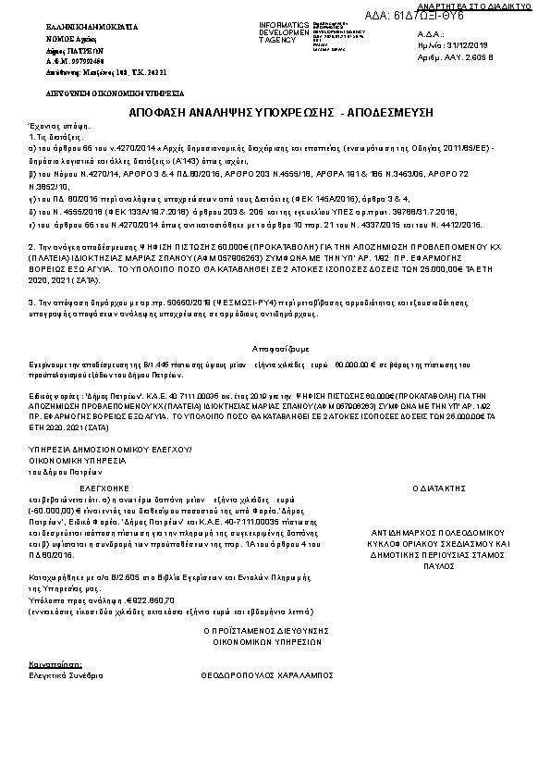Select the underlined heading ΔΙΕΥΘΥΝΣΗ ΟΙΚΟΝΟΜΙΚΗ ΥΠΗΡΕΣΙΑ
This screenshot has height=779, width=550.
(x=91, y=94)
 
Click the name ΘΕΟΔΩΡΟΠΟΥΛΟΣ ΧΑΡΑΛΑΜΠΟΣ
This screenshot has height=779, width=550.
(x=266, y=676)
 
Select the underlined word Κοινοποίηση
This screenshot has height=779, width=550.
(x=55, y=664)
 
